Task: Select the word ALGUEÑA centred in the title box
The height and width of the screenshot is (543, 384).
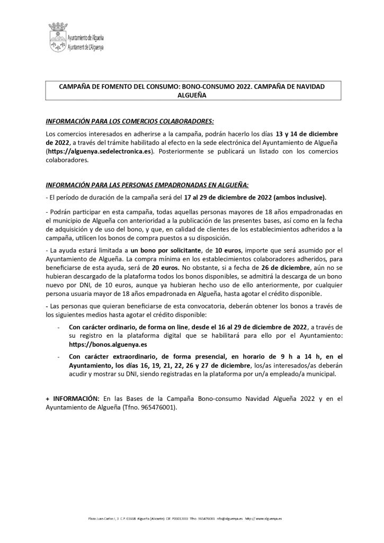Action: [192, 95]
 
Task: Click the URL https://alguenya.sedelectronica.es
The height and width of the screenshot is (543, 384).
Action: [100, 151]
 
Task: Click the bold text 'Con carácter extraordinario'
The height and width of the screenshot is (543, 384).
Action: [111, 357]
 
